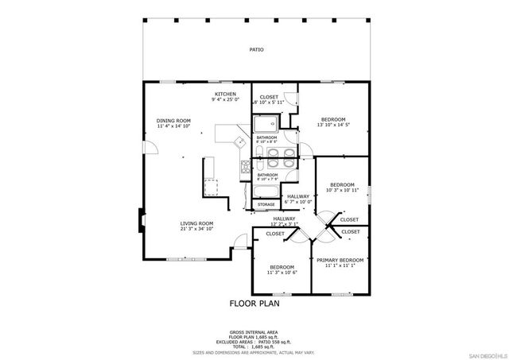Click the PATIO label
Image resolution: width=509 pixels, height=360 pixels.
[x=256, y=49]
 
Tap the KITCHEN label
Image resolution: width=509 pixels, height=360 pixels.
[x=226, y=94]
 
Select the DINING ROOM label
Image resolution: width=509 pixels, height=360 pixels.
[x=173, y=120]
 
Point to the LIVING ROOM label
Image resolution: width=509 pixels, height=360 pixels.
[x=196, y=223]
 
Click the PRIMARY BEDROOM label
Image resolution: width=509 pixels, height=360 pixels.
[x=340, y=260]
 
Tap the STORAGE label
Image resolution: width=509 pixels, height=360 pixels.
[x=266, y=204]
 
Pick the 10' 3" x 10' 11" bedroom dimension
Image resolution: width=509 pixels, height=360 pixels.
[x=342, y=190]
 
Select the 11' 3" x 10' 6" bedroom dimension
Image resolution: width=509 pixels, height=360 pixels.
[x=282, y=272]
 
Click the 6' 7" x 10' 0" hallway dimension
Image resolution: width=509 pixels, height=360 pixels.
[x=298, y=202]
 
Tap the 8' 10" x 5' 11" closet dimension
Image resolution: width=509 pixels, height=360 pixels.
[x=270, y=103]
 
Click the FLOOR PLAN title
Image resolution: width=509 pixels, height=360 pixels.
[x=254, y=303]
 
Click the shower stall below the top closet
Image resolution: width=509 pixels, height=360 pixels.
[x=265, y=124]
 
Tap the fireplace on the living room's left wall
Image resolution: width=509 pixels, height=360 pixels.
[x=142, y=218]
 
